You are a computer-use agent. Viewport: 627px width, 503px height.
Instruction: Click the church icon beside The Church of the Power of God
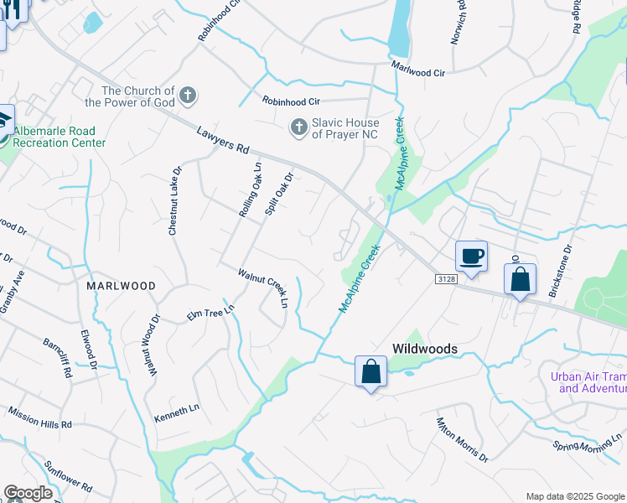tap(189, 95)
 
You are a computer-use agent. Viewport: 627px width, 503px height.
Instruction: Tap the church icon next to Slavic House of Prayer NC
tap(298, 128)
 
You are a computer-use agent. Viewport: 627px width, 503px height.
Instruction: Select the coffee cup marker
tap(471, 257)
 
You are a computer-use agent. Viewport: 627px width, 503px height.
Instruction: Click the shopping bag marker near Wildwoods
tap(370, 371)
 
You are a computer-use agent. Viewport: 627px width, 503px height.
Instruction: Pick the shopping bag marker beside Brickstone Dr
tap(520, 279)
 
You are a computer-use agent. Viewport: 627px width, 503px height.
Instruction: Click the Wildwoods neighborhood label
tap(425, 348)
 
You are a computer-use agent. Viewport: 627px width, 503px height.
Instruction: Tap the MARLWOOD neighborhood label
tap(121, 286)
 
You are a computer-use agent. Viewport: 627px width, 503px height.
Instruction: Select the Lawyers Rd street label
tap(224, 139)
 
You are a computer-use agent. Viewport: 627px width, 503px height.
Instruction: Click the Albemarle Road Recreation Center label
tap(59, 137)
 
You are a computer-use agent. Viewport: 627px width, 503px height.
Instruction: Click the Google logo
tap(28, 493)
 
